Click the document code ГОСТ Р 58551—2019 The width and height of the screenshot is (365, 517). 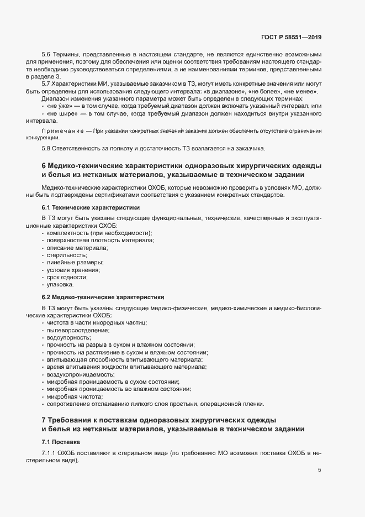coord(292,38)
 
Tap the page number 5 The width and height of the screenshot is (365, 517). coord(320,470)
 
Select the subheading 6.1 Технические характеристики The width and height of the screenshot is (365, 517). coord(91,207)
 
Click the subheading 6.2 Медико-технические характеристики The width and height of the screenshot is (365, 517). coord(103,297)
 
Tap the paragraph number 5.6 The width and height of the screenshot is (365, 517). coord(46,55)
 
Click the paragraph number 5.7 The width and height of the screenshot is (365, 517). coord(46,83)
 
